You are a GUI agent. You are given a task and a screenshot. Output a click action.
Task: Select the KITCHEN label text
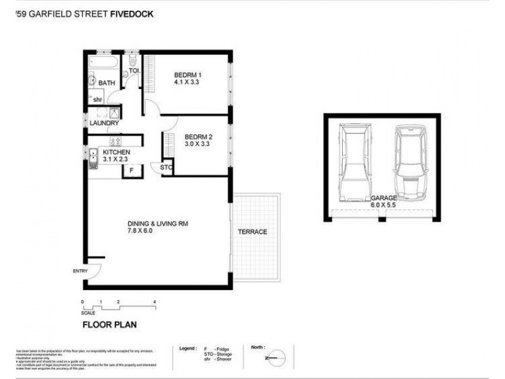point(116,152)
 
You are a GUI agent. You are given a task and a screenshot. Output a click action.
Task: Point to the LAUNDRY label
point(104,123)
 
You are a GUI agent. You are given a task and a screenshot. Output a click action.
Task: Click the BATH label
point(106,83)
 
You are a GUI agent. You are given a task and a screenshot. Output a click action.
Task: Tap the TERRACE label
point(252,232)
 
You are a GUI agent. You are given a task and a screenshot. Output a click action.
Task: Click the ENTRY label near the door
point(81,271)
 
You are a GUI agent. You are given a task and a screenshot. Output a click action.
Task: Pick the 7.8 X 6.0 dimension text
point(140,231)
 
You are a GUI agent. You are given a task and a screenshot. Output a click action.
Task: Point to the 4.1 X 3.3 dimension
point(187,82)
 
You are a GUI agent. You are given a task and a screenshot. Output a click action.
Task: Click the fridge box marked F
point(131,171)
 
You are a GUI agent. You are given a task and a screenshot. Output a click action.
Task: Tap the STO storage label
point(166,167)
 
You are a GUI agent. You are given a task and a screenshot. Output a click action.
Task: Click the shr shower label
point(98,100)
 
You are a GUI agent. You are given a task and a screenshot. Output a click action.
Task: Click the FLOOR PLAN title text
point(109,325)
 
